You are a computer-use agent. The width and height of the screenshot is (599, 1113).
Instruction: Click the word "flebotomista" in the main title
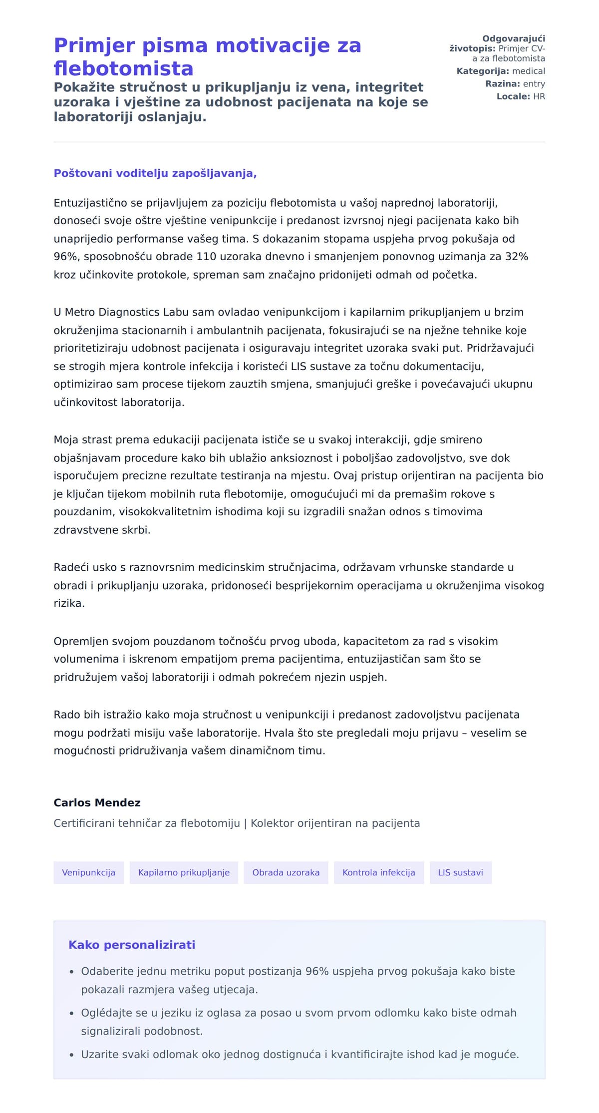(123, 68)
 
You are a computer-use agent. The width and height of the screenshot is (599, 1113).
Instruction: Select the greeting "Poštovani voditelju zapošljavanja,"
(155, 173)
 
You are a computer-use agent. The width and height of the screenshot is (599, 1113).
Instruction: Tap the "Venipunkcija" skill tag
(88, 872)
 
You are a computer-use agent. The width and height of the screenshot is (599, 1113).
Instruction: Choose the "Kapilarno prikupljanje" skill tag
(184, 872)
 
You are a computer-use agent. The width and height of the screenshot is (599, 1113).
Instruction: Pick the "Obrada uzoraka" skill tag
(286, 872)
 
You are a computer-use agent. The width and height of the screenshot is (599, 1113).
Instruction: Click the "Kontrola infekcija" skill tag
(378, 872)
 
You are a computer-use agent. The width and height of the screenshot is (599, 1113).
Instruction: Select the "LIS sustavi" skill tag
(460, 872)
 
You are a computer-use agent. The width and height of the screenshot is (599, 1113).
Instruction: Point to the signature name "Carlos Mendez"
(97, 802)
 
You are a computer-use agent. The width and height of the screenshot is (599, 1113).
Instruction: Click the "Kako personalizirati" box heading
(132, 945)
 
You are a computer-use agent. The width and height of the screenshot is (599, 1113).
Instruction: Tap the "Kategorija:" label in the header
(483, 71)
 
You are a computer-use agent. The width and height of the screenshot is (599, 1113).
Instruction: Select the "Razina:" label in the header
(503, 84)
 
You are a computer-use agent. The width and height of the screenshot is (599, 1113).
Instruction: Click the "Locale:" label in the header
(513, 96)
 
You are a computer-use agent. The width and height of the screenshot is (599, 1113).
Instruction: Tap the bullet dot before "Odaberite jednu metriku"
(71, 972)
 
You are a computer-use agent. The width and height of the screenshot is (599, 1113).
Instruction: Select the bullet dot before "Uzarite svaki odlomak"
(71, 1055)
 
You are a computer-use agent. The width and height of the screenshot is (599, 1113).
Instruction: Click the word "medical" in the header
(529, 71)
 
